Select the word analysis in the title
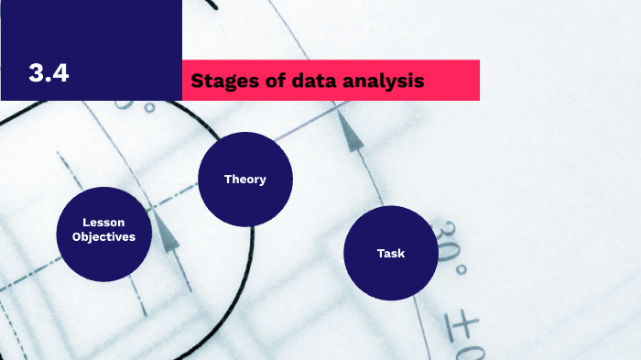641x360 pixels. pyautogui.click(x=386, y=81)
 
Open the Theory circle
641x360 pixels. pyautogui.click(x=244, y=180)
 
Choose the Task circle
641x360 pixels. pyautogui.click(x=391, y=253)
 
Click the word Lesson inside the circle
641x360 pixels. pyautogui.click(x=103, y=223)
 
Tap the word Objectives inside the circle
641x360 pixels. pyautogui.click(x=103, y=237)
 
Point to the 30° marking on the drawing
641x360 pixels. pyautogui.click(x=449, y=245)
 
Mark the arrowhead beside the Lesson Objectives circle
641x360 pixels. pyautogui.click(x=165, y=234)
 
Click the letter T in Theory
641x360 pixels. pyautogui.click(x=228, y=180)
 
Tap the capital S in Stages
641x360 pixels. pyautogui.click(x=197, y=81)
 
